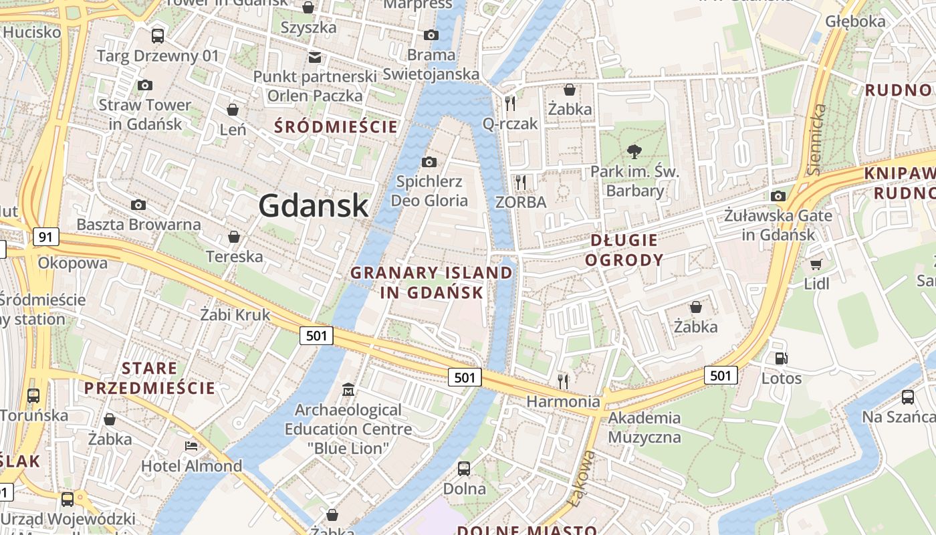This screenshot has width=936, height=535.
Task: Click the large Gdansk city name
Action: [313, 205]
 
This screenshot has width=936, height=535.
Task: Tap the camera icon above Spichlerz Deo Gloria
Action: [429, 162]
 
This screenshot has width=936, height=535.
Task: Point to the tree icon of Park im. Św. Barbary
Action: [634, 152]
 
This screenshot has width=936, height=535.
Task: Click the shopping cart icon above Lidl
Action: [816, 264]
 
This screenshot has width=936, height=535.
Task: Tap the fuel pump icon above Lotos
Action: [781, 358]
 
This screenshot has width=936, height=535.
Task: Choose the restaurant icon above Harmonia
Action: [563, 381]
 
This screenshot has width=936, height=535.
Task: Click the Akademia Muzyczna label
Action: [644, 428]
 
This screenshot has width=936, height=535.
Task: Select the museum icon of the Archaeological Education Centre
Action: [348, 389]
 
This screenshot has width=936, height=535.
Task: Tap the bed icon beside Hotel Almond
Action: [191, 446]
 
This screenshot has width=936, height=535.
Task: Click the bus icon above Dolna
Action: [464, 468]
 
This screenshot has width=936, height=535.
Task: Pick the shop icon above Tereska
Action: [234, 237]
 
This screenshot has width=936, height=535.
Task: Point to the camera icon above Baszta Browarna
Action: [138, 205]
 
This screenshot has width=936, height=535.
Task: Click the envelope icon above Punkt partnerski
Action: [315, 57]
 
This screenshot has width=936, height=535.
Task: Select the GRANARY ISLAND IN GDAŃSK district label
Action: [431, 282]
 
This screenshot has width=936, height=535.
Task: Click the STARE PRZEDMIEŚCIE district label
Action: [150, 378]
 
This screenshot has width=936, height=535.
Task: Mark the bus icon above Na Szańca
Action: [907, 397]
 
